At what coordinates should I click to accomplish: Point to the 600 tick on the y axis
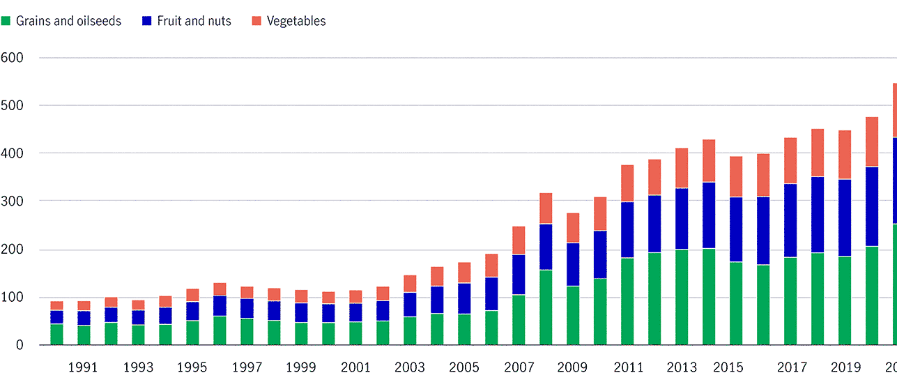tap(13, 57)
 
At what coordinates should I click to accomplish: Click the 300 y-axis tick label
tap(13, 201)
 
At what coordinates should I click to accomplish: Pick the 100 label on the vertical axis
tap(13, 297)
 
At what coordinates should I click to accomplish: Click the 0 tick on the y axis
tap(20, 345)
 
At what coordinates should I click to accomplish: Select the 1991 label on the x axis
tap(84, 367)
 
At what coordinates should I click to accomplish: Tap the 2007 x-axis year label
tap(519, 367)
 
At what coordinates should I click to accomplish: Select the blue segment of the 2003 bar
tap(410, 305)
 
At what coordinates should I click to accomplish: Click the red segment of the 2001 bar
tap(355, 296)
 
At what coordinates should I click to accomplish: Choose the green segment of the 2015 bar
tap(736, 303)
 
